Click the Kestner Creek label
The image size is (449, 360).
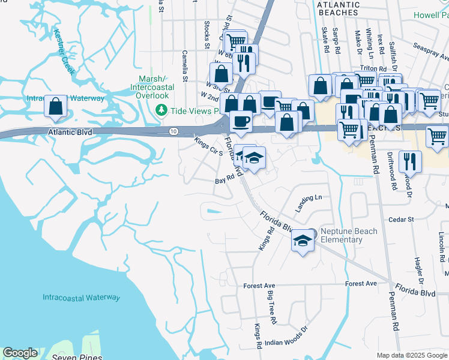[x=64, y=53]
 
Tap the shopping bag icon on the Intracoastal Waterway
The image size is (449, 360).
[x=56, y=107]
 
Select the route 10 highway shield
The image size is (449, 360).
[x=173, y=131]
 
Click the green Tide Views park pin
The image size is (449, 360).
[x=160, y=111]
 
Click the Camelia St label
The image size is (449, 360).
[x=185, y=66]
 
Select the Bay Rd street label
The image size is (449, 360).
[x=224, y=180]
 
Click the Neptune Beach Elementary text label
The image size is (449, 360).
[x=349, y=235]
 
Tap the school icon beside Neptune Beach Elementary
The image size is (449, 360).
[x=303, y=241]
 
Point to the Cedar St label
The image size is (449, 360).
[x=402, y=220]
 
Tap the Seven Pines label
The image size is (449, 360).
[x=70, y=357]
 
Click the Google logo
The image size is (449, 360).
[x=20, y=353]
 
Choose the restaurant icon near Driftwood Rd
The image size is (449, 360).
[x=410, y=161]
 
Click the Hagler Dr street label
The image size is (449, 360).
[x=418, y=268]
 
